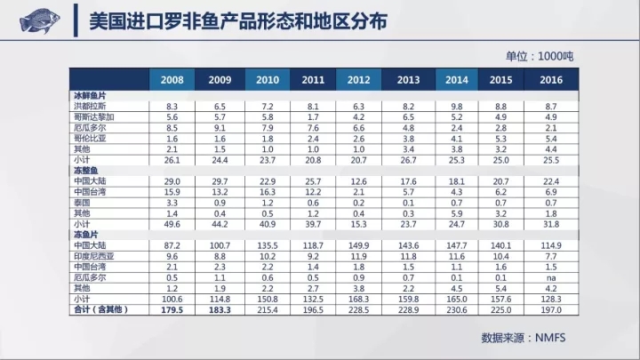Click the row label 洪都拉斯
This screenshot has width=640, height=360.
click(91, 106)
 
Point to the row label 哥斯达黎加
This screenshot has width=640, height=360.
click(94, 116)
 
